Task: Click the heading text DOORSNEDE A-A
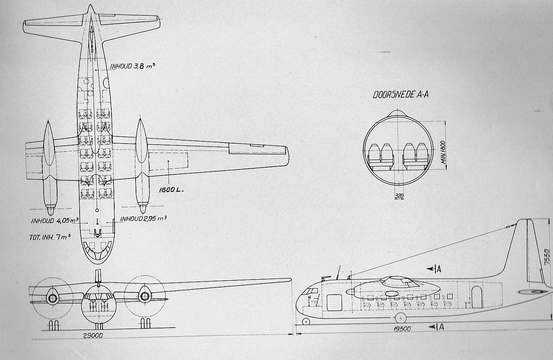400,95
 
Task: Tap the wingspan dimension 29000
93,336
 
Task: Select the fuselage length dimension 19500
402,329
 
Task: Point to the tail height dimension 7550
547,257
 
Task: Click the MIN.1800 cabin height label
443,153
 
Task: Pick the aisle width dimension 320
399,196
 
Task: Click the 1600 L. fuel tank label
171,190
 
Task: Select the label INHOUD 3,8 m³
133,66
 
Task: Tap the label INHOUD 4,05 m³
55,221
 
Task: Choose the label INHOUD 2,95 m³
143,219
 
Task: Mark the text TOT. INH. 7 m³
50,237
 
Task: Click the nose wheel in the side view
306,322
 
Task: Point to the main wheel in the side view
401,318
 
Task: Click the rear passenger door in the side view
477,297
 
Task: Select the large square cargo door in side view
334,303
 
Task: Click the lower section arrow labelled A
436,327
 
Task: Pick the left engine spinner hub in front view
53,298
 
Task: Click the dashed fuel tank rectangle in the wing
168,161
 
